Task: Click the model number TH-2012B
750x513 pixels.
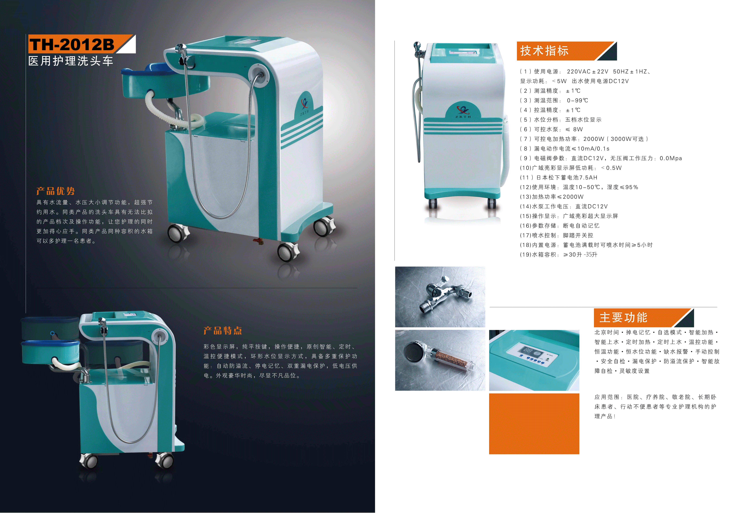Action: click(x=72, y=45)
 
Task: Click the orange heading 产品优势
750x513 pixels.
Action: click(x=55, y=191)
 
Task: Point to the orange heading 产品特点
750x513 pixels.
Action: click(x=223, y=331)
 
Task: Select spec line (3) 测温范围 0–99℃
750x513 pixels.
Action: click(x=554, y=100)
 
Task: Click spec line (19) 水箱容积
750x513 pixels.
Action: click(x=559, y=255)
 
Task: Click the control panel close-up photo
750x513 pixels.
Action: click(x=534, y=360)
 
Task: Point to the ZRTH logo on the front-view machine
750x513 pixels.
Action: click(x=463, y=111)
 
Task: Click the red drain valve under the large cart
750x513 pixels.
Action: click(x=258, y=241)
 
